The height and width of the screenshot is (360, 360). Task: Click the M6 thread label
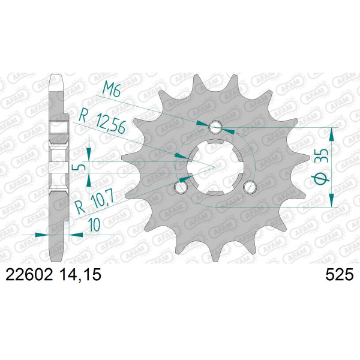tap(112, 89)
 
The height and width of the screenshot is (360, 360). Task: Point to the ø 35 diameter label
tap(322, 167)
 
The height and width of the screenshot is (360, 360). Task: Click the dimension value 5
tap(82, 167)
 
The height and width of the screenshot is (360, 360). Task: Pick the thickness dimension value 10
tap(95, 224)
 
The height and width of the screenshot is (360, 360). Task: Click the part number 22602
tap(29, 275)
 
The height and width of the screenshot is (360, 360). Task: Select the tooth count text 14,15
tap(80, 275)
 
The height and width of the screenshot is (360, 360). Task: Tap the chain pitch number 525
tap(340, 275)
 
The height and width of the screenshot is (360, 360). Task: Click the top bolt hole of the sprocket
tap(215, 127)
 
